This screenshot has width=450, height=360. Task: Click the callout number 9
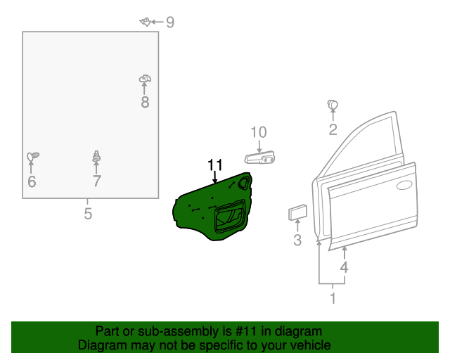coord(169,22)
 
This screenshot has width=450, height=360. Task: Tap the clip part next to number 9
coord(146,22)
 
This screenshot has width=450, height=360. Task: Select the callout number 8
coord(145,103)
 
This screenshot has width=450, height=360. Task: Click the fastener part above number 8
coord(145,79)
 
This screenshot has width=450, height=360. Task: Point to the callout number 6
coord(31,182)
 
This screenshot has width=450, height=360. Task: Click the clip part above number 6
coord(32,157)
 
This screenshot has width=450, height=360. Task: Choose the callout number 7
coord(97,182)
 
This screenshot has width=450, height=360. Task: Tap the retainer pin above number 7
coord(96,157)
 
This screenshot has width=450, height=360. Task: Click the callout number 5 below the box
coord(88,214)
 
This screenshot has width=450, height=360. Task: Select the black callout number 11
coord(215,165)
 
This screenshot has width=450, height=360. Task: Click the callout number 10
coord(259,132)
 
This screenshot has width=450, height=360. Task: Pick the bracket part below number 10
coord(259,159)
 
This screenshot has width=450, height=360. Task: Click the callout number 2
coord(333,129)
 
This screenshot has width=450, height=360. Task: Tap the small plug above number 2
coord(333,105)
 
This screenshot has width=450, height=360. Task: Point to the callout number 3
coord(297,241)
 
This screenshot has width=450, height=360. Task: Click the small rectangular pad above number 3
coord(297,212)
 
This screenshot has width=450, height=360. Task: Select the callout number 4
coord(344,267)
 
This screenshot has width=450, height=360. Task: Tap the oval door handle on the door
coord(404,186)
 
